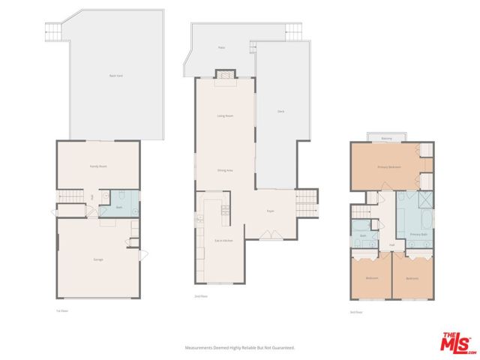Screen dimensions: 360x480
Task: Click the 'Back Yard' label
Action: (115, 76)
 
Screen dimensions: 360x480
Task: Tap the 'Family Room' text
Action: (98, 166)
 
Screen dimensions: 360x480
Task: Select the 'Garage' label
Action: (98, 259)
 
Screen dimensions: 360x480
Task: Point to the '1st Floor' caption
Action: (62, 310)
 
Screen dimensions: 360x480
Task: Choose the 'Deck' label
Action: (280, 112)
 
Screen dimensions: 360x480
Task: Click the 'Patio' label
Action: (221, 47)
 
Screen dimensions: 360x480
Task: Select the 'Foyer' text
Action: (270, 211)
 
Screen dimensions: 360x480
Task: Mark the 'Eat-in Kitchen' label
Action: (224, 240)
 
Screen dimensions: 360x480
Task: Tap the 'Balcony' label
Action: (387, 139)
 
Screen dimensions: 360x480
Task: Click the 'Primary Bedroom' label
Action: (388, 166)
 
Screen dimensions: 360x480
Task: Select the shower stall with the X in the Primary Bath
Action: (425, 199)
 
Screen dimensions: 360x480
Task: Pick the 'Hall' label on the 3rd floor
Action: (391, 245)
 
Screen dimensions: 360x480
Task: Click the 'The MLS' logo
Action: (457, 341)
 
